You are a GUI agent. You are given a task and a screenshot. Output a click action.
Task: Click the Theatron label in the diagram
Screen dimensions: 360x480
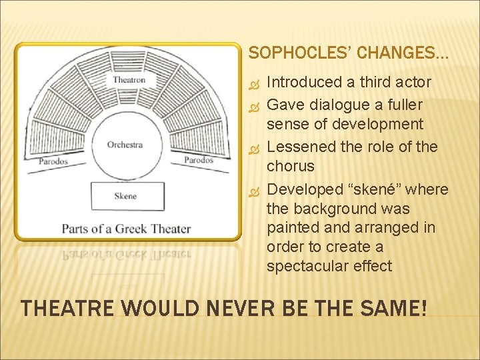(129, 80)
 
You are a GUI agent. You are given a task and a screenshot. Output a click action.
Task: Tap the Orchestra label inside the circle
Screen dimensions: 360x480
(125, 145)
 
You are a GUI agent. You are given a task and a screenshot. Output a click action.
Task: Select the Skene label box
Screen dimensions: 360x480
(125, 196)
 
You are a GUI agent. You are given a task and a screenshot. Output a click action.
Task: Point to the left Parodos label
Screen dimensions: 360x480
(53, 161)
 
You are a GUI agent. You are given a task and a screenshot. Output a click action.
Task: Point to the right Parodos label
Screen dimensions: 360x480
(198, 160)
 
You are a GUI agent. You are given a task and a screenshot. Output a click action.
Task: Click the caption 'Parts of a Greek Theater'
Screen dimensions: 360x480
(126, 229)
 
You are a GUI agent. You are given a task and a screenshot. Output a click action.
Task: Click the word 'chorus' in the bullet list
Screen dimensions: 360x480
(289, 165)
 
